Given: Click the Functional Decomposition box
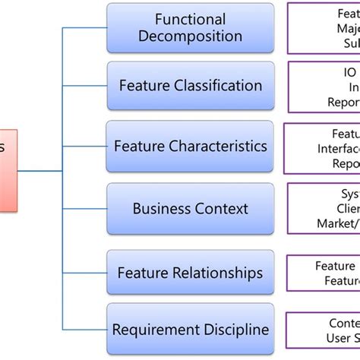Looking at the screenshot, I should click(x=190, y=28).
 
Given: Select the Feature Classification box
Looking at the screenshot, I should click(x=190, y=86).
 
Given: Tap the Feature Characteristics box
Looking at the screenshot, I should click(x=190, y=145).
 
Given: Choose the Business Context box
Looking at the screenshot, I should click(x=190, y=208).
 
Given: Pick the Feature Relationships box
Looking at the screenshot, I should click(x=190, y=272).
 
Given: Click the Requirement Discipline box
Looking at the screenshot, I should click(x=190, y=329).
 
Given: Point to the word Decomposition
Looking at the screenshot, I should click(x=191, y=36).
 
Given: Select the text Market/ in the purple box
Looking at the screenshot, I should click(x=338, y=223).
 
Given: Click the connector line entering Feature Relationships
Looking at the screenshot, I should click(x=84, y=272).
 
